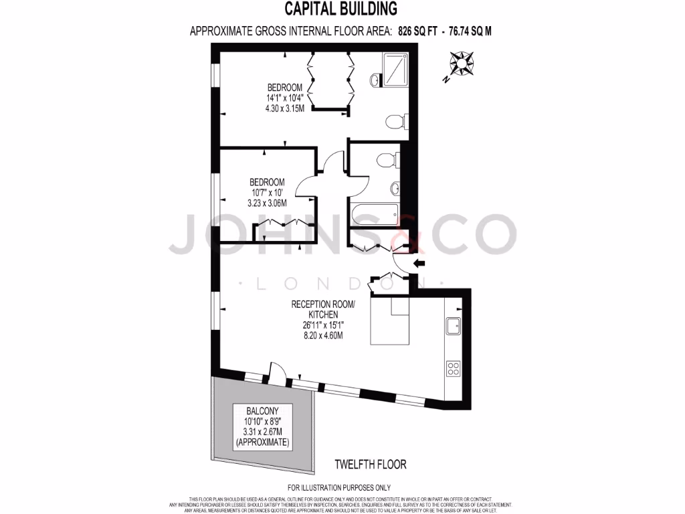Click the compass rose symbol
[460, 66]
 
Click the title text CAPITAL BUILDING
[341, 9]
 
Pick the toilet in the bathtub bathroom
[387, 161]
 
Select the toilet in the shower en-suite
[395, 122]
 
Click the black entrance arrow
[420, 263]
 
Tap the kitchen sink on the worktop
[454, 326]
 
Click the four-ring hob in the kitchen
[454, 367]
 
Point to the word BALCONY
[262, 411]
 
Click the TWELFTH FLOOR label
[370, 464]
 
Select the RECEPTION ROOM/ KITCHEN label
[323, 309]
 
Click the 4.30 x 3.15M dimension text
[285, 108]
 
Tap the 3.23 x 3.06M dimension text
[267, 203]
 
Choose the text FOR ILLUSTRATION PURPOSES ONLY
[338, 488]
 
